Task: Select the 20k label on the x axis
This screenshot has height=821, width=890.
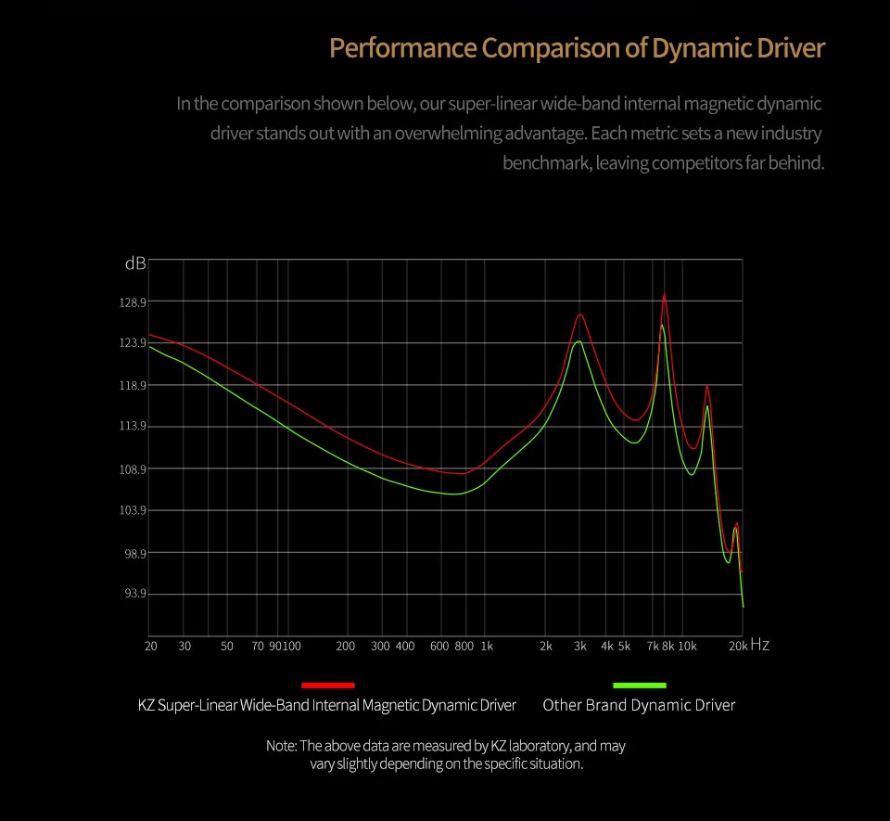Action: coord(737,646)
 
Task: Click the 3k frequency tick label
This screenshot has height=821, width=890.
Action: coord(580,646)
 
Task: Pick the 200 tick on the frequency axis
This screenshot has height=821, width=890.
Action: coord(346,646)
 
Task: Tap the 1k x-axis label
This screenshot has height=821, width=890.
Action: coord(487,646)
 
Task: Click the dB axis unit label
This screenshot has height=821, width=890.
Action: coord(134,263)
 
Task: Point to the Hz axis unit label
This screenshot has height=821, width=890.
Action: coord(759,645)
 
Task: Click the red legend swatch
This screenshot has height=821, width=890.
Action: coord(328,685)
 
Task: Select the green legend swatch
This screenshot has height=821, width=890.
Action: coord(640,685)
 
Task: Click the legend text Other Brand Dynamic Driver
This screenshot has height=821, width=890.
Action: coord(639,705)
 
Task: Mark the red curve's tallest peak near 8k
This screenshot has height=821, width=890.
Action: coord(664,294)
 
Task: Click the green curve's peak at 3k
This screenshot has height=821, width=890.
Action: coord(578,341)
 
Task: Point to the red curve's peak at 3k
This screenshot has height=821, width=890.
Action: coord(580,314)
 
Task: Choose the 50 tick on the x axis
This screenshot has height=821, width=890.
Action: coord(227,646)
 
